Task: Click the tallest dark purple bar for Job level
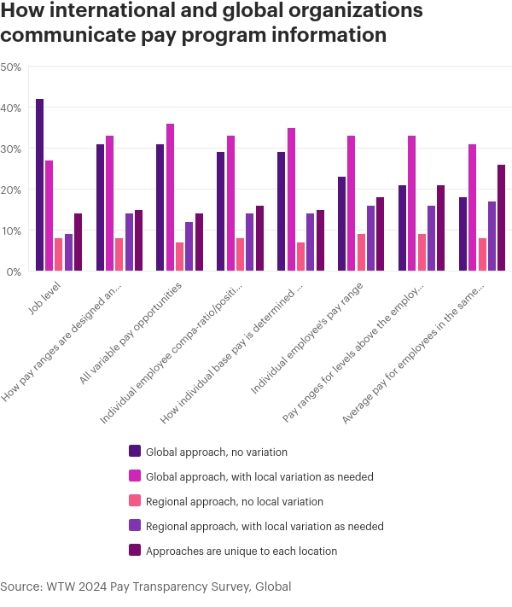point(40,185)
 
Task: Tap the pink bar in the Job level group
point(59,255)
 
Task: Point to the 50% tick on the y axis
point(11,67)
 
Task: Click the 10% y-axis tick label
point(11,231)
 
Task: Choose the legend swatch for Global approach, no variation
point(135,451)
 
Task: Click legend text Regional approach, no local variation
point(235,501)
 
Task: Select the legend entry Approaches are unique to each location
point(241,551)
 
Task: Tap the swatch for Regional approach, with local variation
point(135,526)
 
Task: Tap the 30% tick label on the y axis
point(11,149)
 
